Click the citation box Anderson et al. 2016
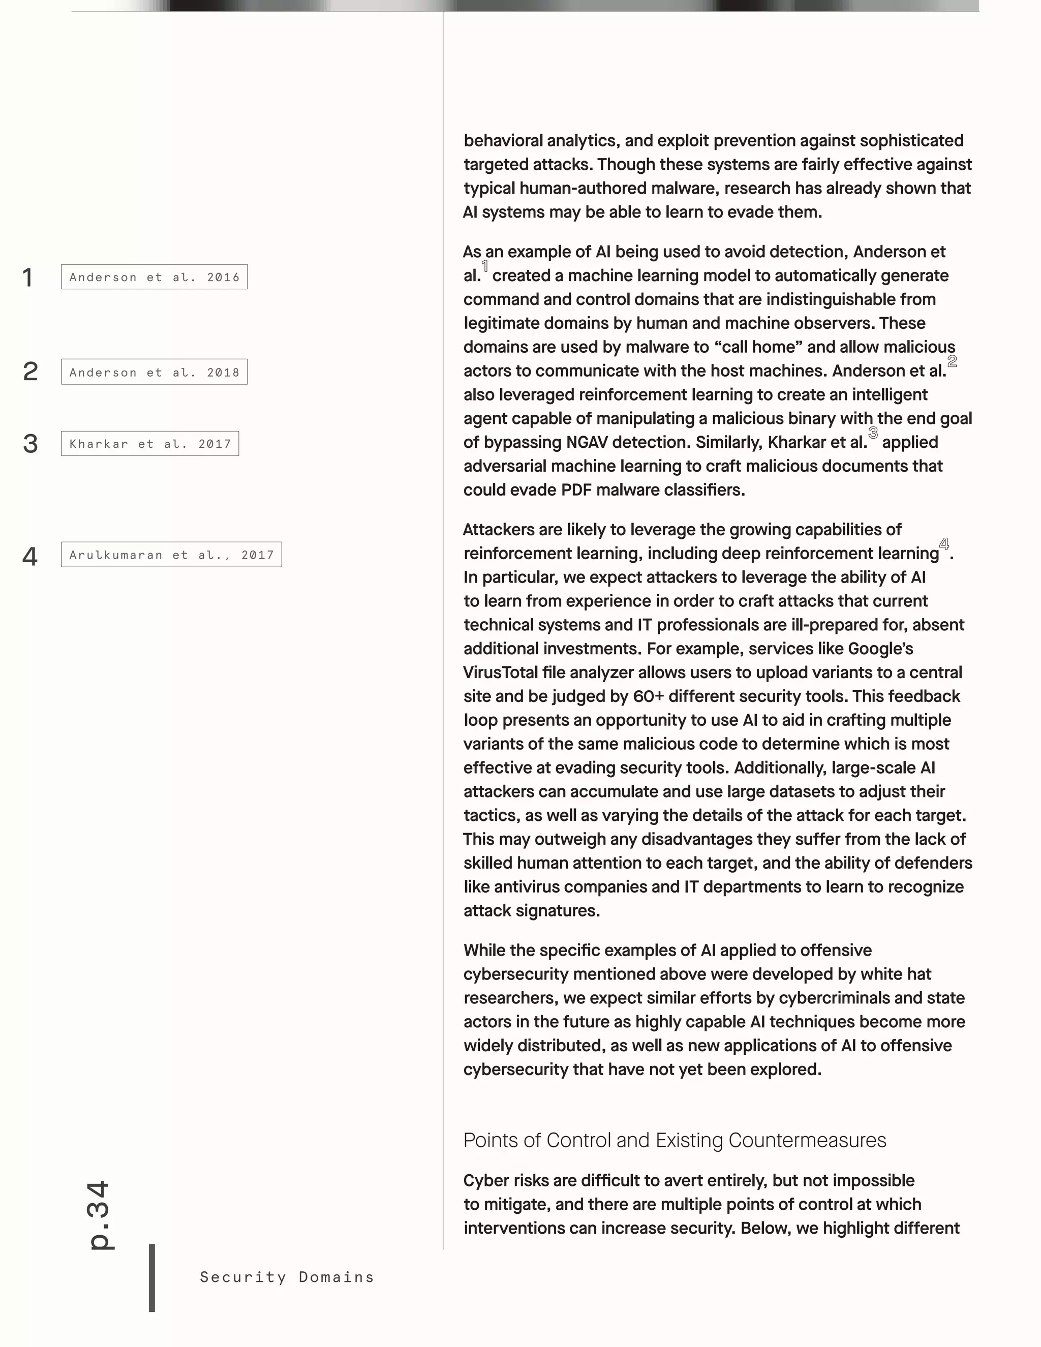pos(154,277)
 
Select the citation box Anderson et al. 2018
pos(154,372)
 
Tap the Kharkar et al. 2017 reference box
pos(150,443)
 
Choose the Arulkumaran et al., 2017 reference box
pos(171,555)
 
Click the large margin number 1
pos(28,278)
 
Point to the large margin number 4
pos(29,556)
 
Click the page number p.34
pos(99,1215)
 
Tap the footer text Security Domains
pos(287,1277)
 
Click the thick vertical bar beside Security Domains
pos(151,1277)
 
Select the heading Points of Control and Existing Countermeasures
pos(675,1140)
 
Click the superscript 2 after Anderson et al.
pos(952,361)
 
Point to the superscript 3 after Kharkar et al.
pos(873,433)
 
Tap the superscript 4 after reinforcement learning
pos(943,544)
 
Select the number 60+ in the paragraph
pos(648,696)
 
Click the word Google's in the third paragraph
pos(881,648)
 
